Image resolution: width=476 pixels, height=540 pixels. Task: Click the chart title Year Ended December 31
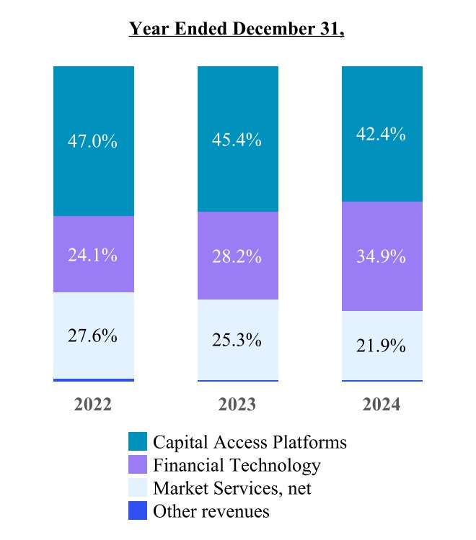click(x=237, y=29)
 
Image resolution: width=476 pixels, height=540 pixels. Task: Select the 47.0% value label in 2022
click(x=94, y=140)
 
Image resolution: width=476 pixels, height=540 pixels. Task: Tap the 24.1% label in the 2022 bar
click(x=94, y=254)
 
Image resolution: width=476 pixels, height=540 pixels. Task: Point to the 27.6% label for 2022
click(x=94, y=336)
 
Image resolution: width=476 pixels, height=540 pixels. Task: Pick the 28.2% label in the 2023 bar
click(x=237, y=256)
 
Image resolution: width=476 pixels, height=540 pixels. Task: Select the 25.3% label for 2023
click(x=237, y=339)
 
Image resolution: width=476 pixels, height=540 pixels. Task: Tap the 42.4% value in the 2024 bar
click(x=382, y=134)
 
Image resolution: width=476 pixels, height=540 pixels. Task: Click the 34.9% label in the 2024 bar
click(x=382, y=256)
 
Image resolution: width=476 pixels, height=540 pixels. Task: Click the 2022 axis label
click(x=93, y=404)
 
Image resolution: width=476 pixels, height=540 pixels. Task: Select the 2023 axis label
click(x=237, y=404)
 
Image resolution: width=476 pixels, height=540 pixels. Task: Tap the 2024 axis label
click(x=382, y=404)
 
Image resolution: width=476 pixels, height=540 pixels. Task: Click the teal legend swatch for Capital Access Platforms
click(x=138, y=441)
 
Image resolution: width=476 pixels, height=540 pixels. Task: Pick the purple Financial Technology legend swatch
click(x=138, y=465)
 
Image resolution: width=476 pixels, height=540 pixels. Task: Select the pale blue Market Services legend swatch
click(x=138, y=488)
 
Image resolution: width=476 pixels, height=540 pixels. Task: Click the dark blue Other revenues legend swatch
click(x=138, y=511)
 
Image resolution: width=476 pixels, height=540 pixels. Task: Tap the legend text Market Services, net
click(x=232, y=488)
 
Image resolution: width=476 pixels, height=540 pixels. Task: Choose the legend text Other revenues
click(x=211, y=511)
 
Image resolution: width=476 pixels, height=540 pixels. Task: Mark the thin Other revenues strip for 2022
click(x=94, y=379)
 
